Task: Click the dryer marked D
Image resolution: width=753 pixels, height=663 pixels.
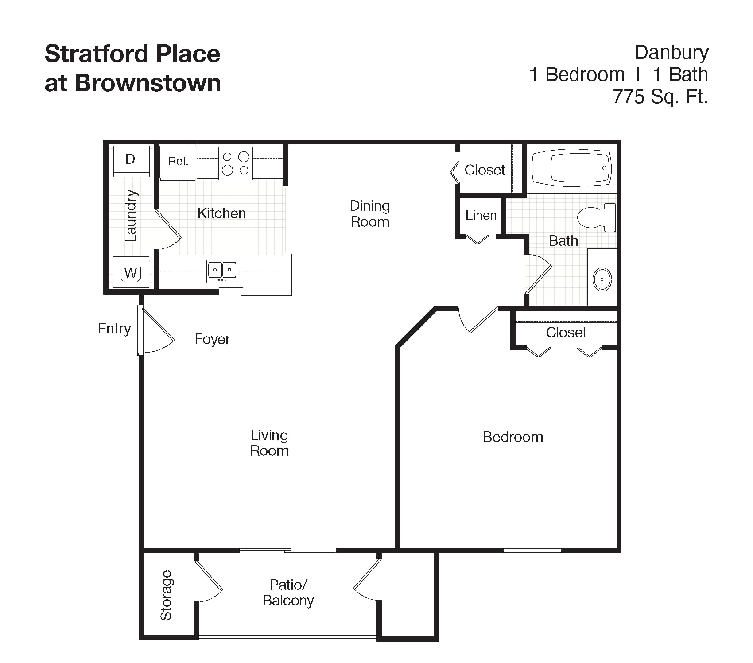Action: click(131, 161)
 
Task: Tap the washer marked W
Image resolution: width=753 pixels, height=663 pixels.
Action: click(131, 272)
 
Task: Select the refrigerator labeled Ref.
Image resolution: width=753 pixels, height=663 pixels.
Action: click(178, 163)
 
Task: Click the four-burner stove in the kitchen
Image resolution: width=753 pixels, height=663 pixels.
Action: click(236, 163)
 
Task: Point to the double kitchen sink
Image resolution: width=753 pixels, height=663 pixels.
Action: click(222, 271)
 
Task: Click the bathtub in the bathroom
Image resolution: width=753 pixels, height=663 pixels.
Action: click(572, 168)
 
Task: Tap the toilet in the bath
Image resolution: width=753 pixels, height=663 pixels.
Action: click(597, 217)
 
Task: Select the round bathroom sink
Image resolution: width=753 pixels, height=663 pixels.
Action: click(602, 279)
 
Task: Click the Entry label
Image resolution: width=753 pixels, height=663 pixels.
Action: click(114, 329)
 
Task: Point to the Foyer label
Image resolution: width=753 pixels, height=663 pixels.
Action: click(213, 339)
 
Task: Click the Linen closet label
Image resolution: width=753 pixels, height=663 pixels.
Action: click(481, 215)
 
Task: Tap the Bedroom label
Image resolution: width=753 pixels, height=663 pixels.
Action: click(513, 437)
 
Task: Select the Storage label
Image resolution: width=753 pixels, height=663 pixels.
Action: click(166, 595)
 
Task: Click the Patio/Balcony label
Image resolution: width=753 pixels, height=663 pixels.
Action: click(288, 593)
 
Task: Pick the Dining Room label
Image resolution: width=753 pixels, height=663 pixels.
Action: click(370, 213)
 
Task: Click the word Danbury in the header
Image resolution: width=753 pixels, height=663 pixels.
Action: click(671, 53)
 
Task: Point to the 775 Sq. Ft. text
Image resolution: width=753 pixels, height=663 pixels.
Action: click(660, 96)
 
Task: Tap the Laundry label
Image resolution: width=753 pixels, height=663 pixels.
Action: click(131, 216)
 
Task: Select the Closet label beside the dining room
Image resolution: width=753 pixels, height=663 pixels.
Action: click(485, 170)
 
